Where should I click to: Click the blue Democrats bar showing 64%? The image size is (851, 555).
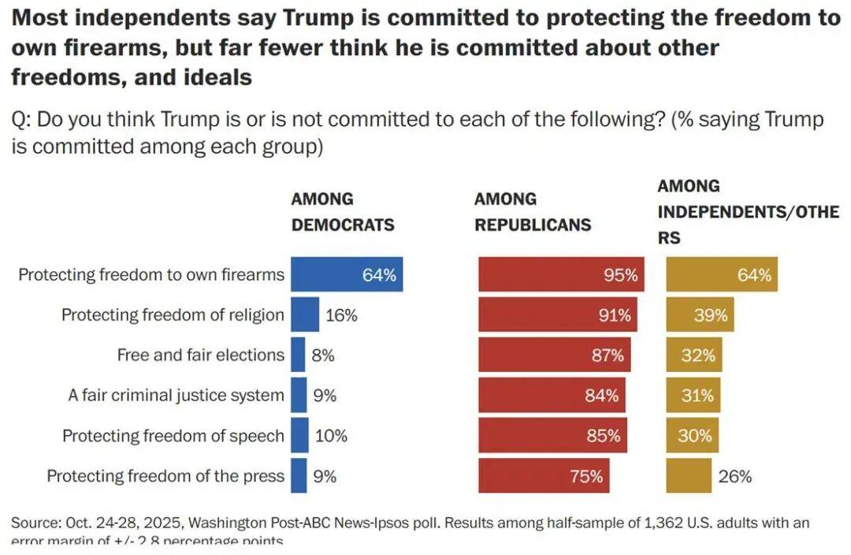(347, 274)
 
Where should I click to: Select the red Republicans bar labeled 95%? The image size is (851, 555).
(561, 274)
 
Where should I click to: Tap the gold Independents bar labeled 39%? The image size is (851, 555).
(700, 315)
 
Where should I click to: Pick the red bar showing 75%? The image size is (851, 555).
(544, 476)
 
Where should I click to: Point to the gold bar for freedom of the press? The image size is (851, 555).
(689, 476)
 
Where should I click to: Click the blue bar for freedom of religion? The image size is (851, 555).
(305, 315)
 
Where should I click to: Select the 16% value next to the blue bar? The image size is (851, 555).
(341, 315)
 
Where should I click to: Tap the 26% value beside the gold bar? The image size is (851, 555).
(734, 476)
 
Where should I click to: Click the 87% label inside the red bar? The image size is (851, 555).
(608, 356)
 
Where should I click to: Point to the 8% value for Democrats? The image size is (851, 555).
(323, 356)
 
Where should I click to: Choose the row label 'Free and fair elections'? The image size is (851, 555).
(200, 356)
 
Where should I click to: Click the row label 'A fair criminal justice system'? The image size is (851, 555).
(176, 396)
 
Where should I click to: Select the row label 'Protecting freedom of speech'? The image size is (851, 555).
(173, 436)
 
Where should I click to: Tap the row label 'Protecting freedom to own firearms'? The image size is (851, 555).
(151, 275)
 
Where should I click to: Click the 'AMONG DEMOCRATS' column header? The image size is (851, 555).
(342, 211)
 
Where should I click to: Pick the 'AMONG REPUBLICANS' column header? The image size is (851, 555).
(532, 211)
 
